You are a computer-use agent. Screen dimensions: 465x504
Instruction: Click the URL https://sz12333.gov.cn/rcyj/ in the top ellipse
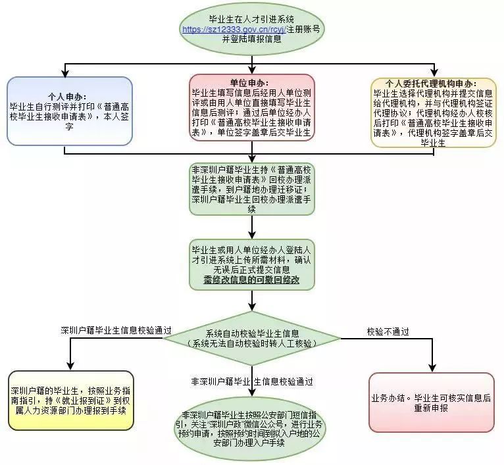tap(229, 30)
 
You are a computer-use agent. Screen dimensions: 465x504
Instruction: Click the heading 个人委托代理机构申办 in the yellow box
tap(433, 84)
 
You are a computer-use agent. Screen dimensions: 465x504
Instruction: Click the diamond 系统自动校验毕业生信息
tap(252, 338)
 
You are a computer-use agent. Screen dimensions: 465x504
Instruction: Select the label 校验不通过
tap(388, 330)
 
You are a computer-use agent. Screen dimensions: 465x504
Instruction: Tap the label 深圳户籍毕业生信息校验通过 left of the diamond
tap(116, 330)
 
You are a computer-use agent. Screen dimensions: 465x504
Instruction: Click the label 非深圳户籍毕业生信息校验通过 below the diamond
tap(252, 381)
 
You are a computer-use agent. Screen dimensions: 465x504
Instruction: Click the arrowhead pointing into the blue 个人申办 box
tap(66, 73)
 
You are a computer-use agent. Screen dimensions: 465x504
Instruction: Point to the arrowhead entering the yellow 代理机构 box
tap(432, 73)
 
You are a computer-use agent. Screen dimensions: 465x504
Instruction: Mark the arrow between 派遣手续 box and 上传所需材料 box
tap(252, 227)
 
